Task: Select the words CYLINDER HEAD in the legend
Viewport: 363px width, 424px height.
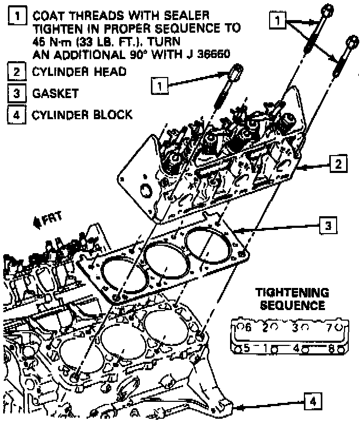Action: pos(80,71)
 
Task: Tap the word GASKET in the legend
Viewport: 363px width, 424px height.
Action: pos(55,94)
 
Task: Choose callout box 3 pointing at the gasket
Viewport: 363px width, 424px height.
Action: pos(328,226)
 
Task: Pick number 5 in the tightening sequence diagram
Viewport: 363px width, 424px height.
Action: pos(246,348)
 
